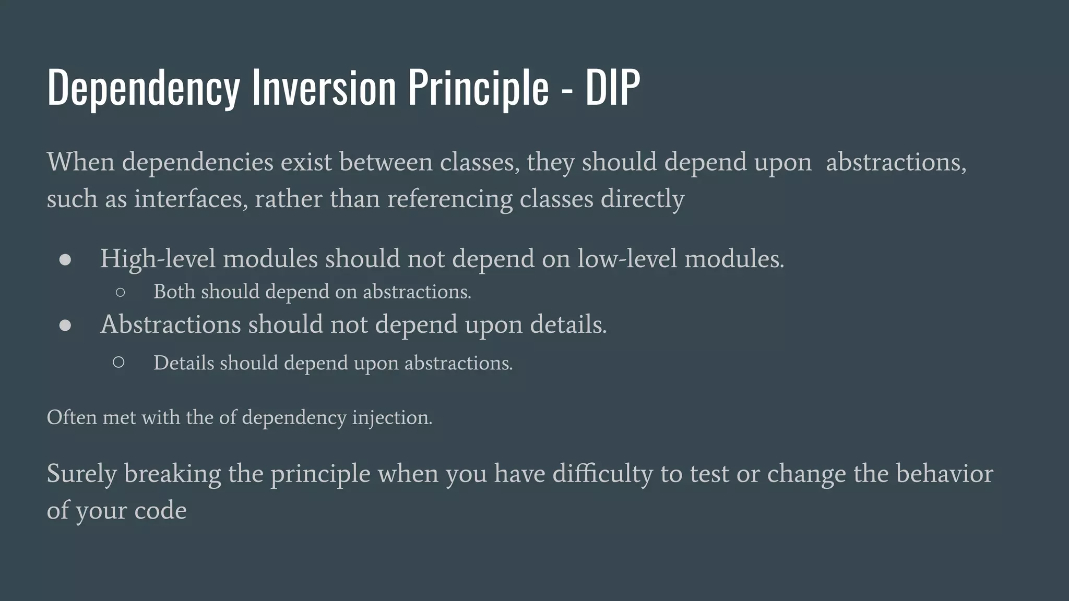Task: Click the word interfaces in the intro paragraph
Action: [191, 199]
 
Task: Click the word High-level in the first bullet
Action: [157, 259]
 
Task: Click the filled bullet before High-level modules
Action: [65, 260]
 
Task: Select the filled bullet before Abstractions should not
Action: [65, 326]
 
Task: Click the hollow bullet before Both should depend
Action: [120, 293]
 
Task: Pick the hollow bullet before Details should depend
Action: [118, 362]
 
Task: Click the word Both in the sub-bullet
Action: [174, 292]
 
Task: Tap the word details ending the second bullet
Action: [568, 324]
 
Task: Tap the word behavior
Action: [944, 474]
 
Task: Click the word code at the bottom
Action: [160, 510]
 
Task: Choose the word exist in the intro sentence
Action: [306, 162]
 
